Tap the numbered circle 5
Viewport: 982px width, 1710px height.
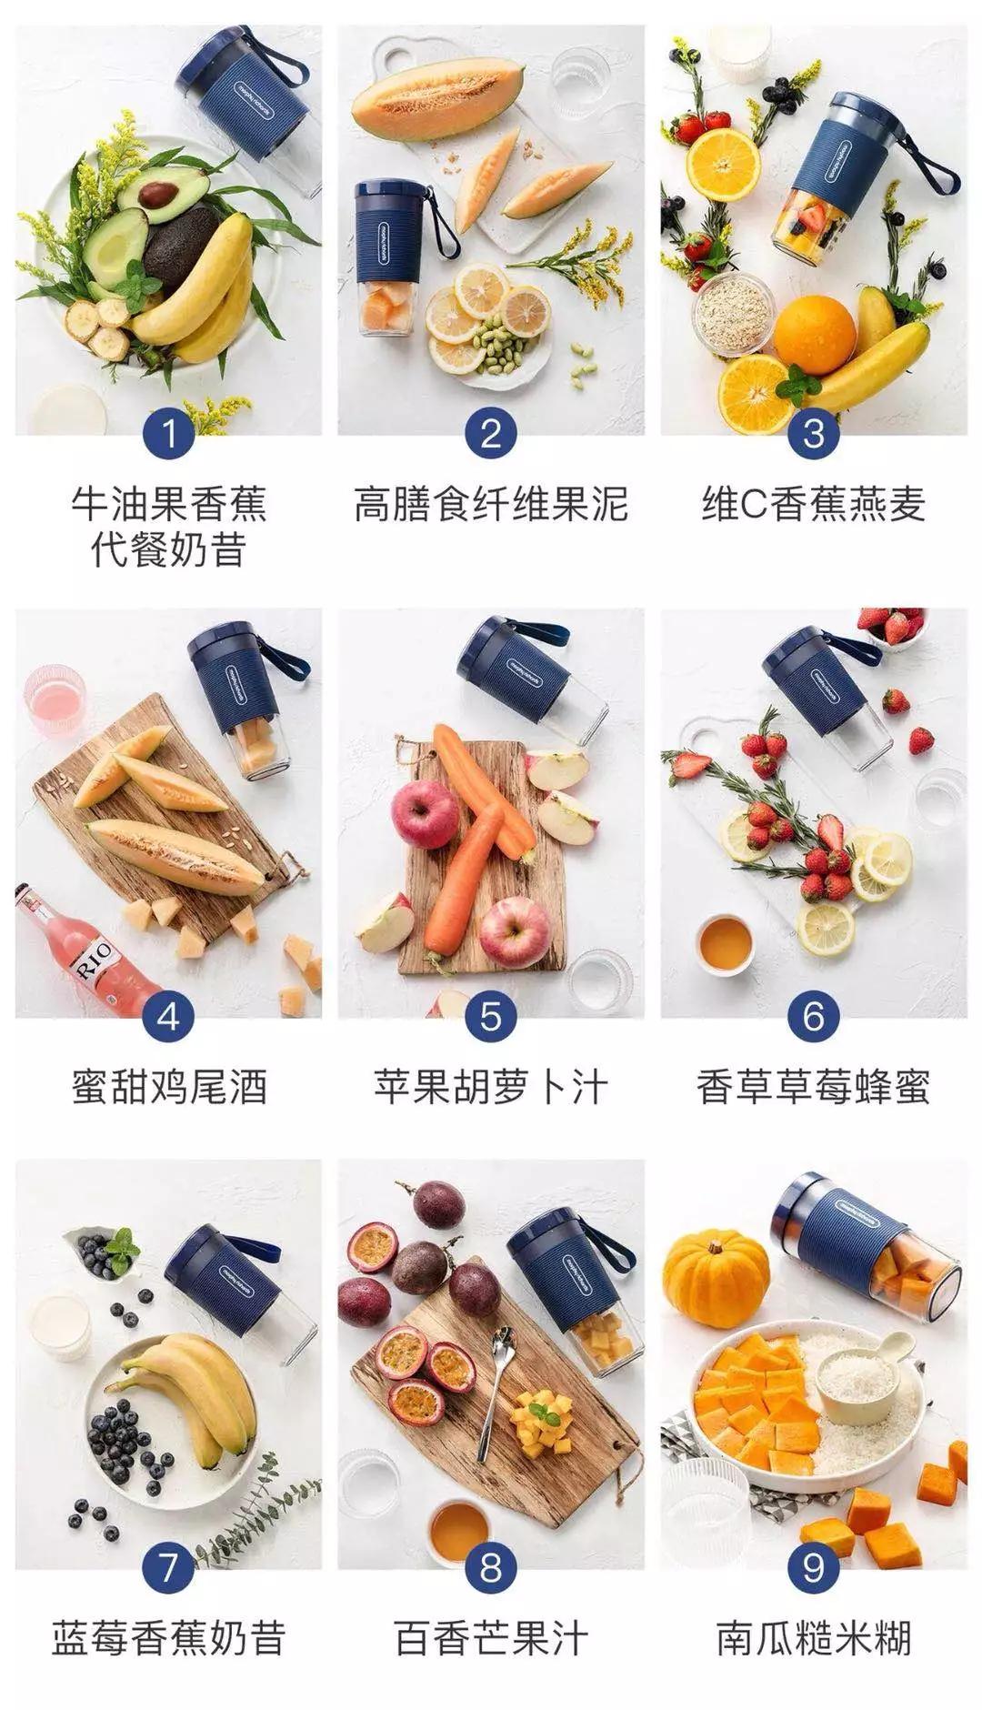[x=490, y=1015]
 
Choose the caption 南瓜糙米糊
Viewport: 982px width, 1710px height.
[x=813, y=1638]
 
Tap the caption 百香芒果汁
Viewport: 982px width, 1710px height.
[x=490, y=1638]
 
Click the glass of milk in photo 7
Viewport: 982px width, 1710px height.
[x=61, y=1326]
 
